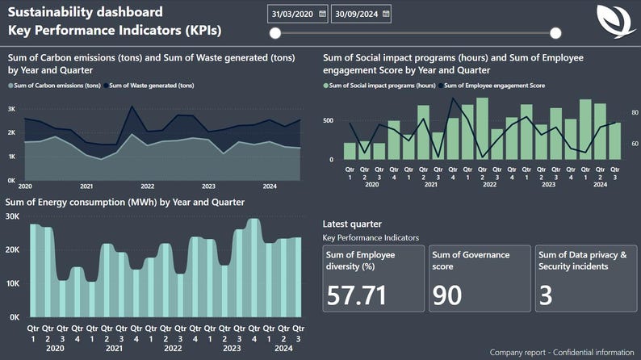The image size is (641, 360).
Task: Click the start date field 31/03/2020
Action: tap(292, 15)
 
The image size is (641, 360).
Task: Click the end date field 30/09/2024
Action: tap(355, 15)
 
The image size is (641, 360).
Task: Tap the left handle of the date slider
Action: tap(275, 33)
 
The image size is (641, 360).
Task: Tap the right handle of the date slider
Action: tap(555, 33)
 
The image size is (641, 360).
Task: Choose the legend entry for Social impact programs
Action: tap(383, 85)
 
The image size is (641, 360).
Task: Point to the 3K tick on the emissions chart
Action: tap(12, 109)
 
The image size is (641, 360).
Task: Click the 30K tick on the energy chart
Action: tap(12, 216)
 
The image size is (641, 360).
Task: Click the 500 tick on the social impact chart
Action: tap(327, 121)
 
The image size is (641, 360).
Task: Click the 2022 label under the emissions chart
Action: tap(148, 186)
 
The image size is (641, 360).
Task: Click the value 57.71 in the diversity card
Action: tap(356, 295)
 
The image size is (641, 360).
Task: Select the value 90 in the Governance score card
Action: tap(447, 295)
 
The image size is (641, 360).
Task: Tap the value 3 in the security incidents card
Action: tap(546, 295)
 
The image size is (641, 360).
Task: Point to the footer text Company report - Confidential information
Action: tap(563, 352)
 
